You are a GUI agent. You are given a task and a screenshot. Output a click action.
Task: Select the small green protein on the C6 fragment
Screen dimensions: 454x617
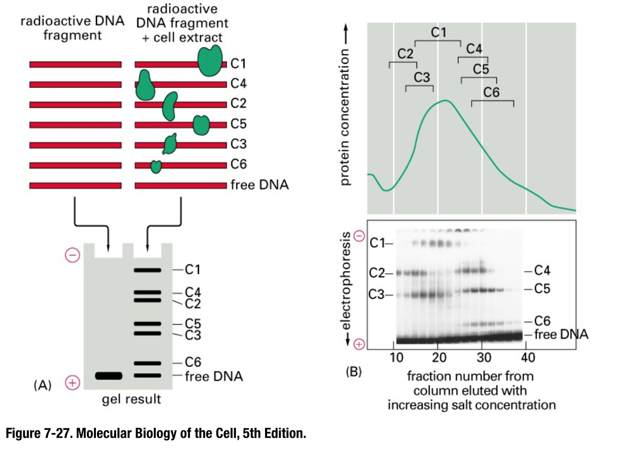(156, 166)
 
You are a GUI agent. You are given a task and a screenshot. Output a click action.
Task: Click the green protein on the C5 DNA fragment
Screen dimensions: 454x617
(201, 125)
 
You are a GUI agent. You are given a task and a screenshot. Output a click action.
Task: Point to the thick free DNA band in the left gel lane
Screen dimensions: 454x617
(109, 376)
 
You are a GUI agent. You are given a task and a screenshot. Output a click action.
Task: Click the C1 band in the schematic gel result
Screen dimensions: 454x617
(147, 270)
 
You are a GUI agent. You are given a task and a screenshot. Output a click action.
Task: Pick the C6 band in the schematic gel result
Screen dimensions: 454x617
(147, 363)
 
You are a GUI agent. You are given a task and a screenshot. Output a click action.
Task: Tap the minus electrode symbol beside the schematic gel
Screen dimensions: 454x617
(73, 256)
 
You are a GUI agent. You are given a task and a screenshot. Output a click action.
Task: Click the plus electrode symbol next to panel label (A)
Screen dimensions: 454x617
(73, 383)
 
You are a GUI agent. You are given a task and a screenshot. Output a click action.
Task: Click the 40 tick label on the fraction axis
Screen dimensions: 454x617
(527, 358)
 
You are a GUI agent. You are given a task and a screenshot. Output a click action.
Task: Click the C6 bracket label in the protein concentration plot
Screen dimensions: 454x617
(491, 93)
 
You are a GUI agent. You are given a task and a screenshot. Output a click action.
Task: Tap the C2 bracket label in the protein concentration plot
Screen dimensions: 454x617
(405, 54)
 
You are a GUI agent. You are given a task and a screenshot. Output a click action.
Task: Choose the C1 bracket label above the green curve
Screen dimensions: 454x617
(438, 32)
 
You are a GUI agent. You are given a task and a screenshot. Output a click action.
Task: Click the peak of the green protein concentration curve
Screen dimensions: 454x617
(445, 101)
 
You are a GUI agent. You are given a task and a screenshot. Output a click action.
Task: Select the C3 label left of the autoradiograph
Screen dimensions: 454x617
(379, 295)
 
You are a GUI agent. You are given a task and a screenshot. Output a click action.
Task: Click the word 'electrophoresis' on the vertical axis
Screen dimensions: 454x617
(347, 288)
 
